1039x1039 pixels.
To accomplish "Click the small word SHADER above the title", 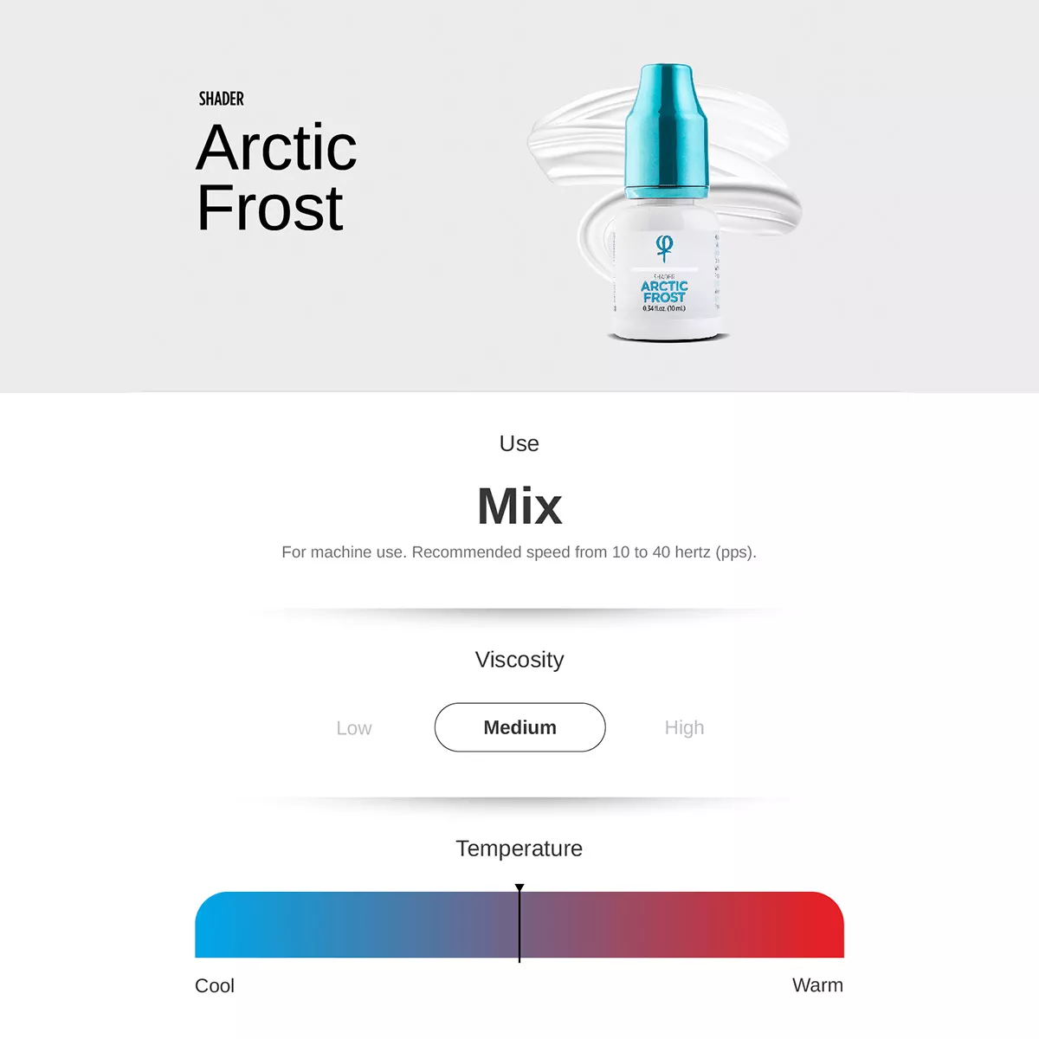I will pos(221,99).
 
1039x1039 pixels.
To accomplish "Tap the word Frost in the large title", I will pos(270,208).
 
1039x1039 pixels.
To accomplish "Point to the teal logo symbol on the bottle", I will pos(664,248).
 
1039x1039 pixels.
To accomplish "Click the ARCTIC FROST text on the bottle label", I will pos(664,292).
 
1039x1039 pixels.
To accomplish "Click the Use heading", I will pos(519,443).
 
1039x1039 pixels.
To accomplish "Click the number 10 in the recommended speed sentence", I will pos(621,552).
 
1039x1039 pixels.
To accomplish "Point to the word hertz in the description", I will pos(693,552).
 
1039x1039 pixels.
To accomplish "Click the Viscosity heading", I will pos(519,660).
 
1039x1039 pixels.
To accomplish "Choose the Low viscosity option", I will pos(353,728).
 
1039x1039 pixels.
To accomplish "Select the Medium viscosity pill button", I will pos(519,727).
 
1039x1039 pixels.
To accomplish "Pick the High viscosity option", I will pos(684,727).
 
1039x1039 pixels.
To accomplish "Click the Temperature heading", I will pos(519,849).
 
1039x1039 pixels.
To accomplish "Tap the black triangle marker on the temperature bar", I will pos(519,888).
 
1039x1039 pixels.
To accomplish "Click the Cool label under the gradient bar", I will pos(215,985).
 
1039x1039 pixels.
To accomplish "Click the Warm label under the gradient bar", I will pos(817,985).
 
